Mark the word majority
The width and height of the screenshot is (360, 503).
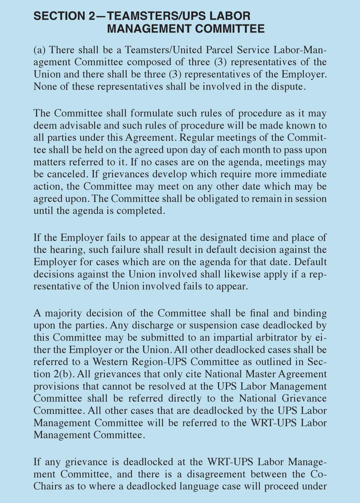pos(63,313)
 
